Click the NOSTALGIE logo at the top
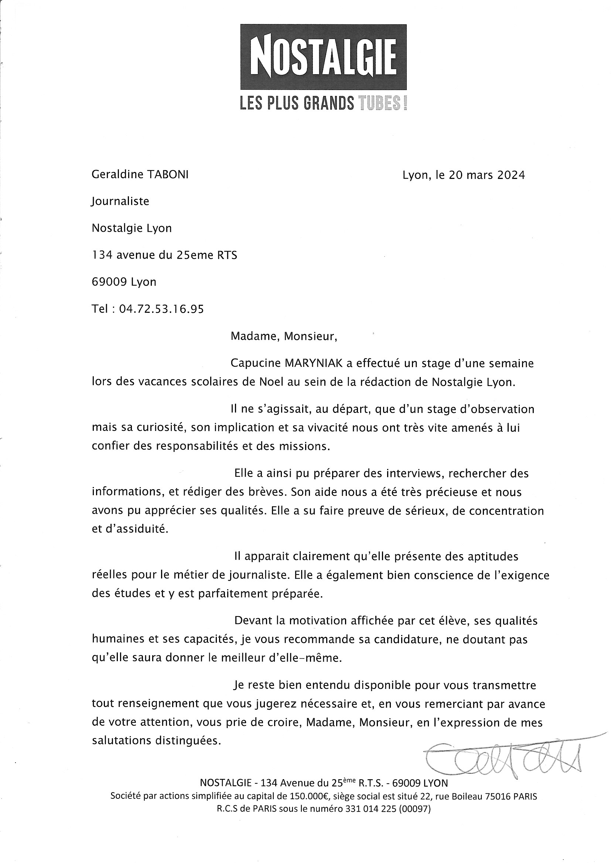click(x=323, y=57)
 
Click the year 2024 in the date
click(x=511, y=175)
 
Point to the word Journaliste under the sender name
click(x=120, y=201)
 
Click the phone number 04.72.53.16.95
click(x=161, y=309)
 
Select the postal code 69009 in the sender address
click(x=109, y=282)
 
